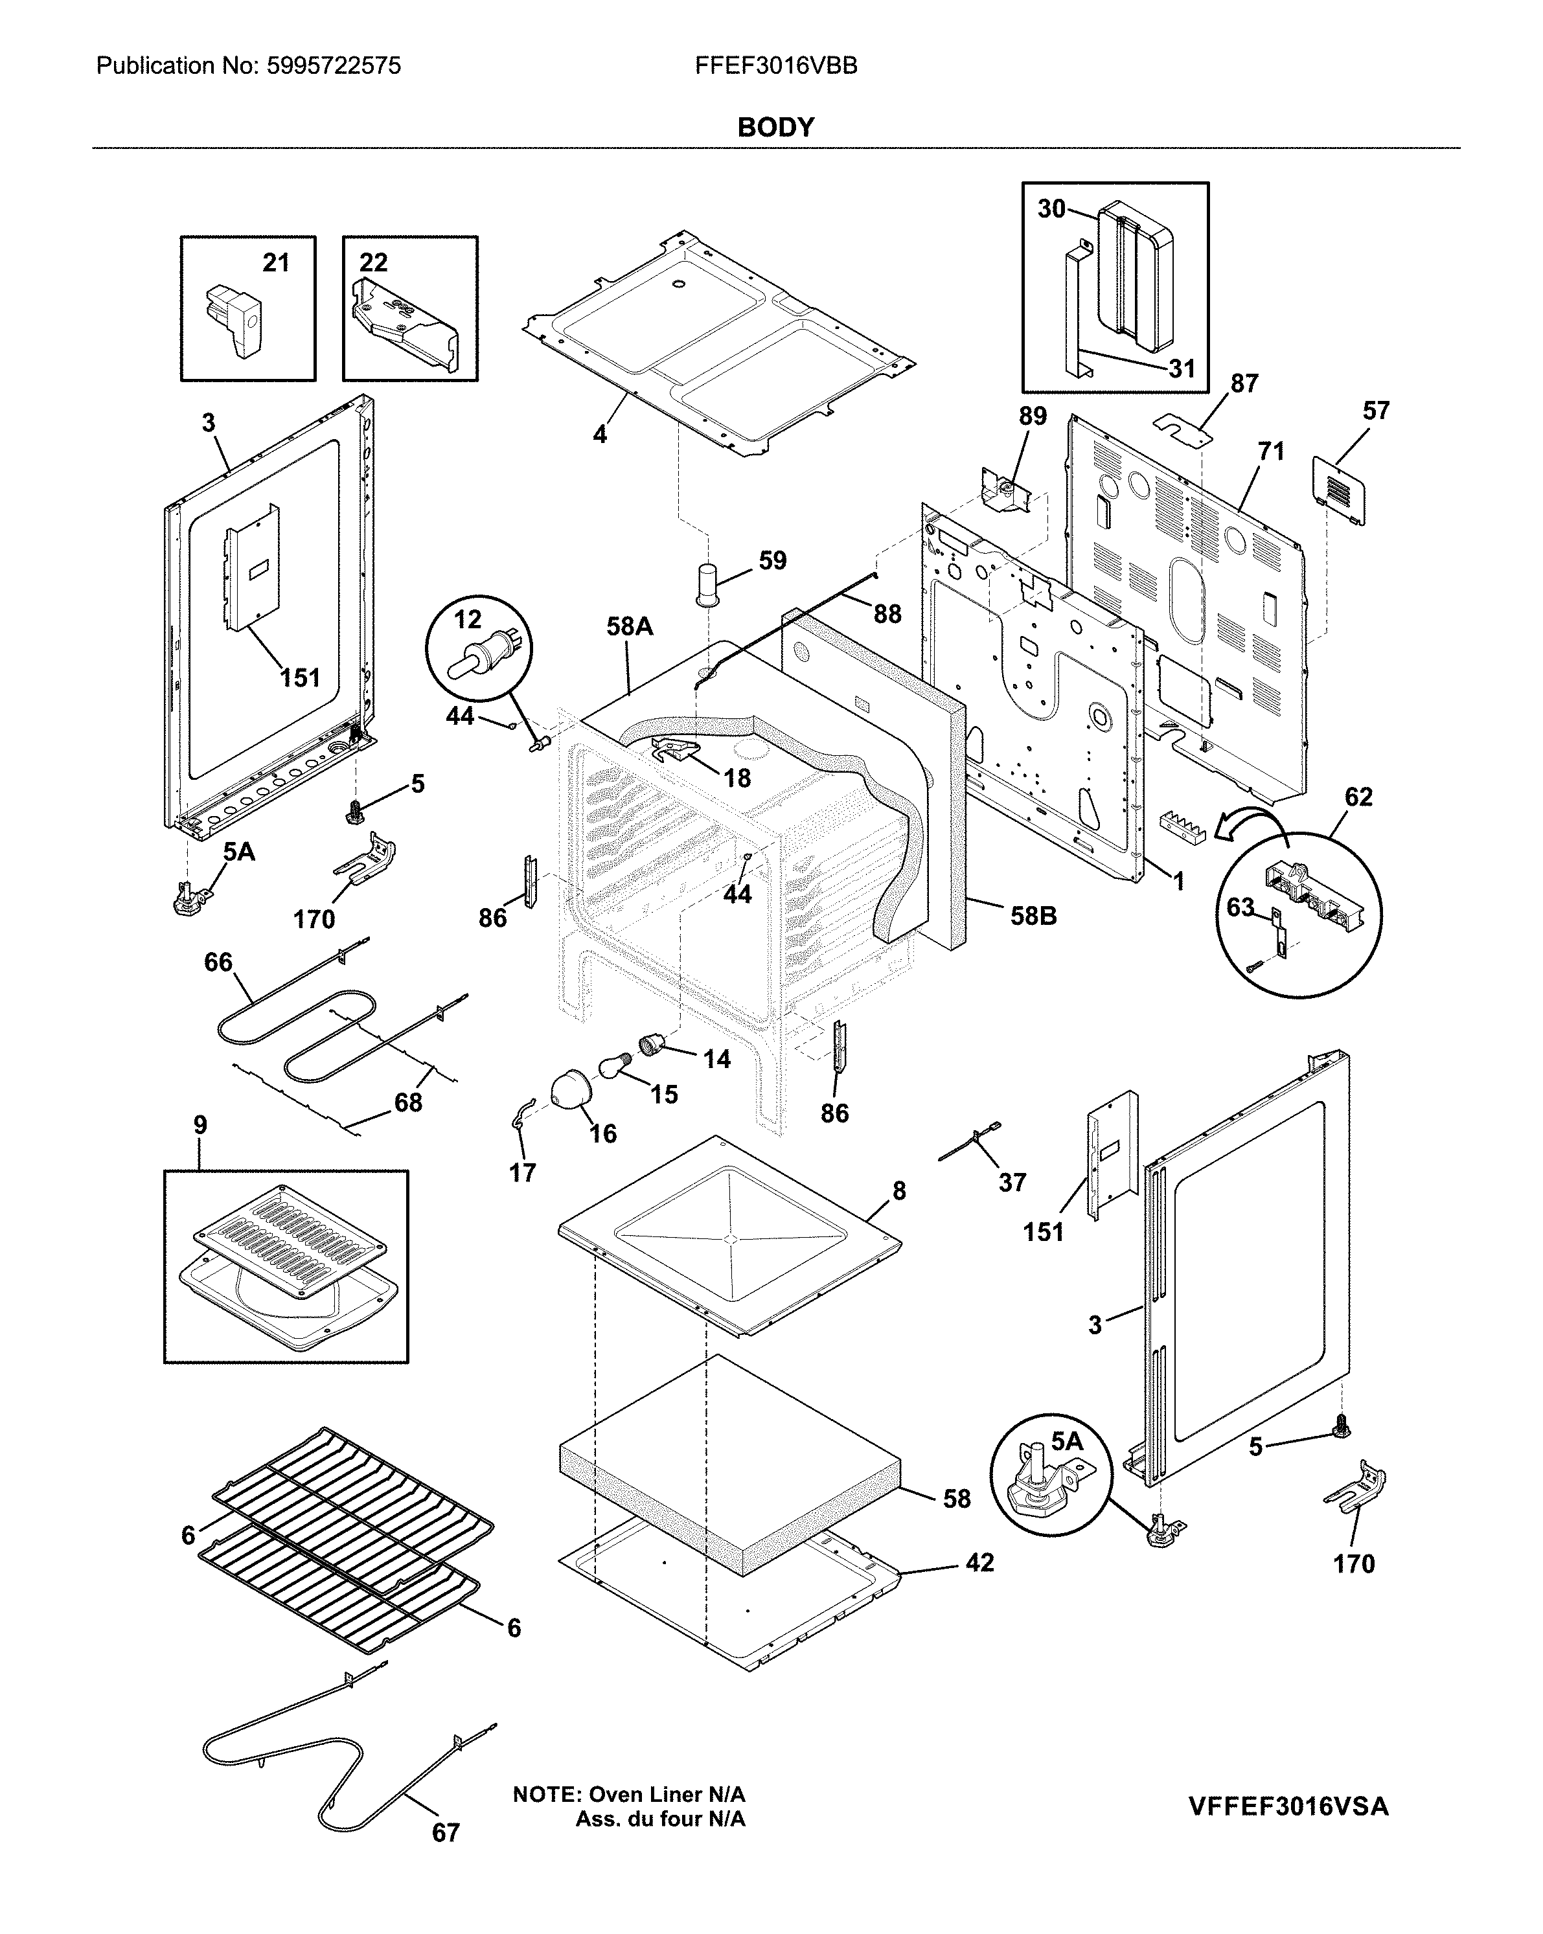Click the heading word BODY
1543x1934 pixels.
(x=775, y=128)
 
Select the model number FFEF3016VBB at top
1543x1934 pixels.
(x=776, y=65)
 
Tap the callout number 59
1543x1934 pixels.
(x=772, y=561)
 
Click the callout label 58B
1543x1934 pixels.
(x=1033, y=916)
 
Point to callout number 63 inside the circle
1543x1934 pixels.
(x=1240, y=908)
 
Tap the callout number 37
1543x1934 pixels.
(x=1012, y=1182)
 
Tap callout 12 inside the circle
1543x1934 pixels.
(x=468, y=619)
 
